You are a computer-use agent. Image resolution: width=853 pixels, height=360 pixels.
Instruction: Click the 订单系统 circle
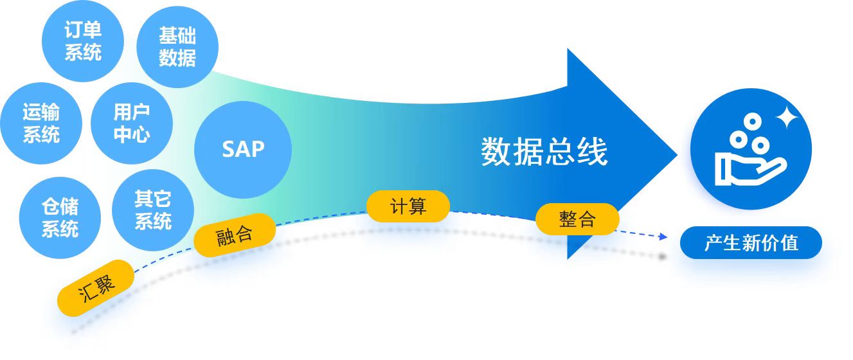(x=82, y=40)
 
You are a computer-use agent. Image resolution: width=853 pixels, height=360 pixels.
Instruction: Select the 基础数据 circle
(x=177, y=47)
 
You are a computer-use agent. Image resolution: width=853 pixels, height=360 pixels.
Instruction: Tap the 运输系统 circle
(x=42, y=123)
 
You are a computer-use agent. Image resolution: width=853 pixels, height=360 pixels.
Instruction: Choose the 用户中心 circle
(x=132, y=123)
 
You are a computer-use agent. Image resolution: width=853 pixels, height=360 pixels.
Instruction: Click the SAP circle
(x=243, y=149)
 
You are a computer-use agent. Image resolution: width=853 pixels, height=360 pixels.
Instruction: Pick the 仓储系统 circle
(x=60, y=217)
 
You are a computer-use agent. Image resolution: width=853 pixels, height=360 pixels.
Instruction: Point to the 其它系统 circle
(x=153, y=210)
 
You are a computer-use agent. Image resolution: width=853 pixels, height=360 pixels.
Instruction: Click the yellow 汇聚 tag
(x=96, y=287)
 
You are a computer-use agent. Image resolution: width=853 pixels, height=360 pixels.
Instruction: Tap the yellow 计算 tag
(x=408, y=206)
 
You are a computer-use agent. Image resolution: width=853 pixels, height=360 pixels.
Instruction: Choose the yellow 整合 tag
(x=577, y=219)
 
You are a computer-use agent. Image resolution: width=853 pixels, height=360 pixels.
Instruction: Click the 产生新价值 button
(x=751, y=243)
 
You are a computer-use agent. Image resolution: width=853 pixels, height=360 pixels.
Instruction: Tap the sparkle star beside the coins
(x=786, y=118)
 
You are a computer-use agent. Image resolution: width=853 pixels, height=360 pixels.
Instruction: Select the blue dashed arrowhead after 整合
(x=663, y=237)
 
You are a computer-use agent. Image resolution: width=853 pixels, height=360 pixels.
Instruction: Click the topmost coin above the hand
(x=750, y=121)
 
